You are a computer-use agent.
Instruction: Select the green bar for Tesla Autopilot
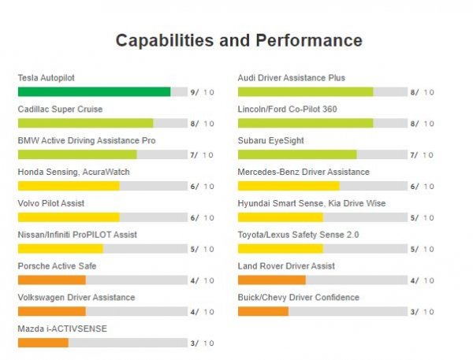(94, 92)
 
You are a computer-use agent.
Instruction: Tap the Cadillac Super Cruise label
(60, 109)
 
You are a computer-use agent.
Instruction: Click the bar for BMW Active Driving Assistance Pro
(77, 155)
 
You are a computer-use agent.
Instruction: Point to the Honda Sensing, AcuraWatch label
(74, 172)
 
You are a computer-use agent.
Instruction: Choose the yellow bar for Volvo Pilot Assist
(69, 217)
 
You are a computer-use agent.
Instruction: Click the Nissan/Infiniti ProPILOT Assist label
(77, 235)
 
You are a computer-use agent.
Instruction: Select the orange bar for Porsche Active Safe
(52, 280)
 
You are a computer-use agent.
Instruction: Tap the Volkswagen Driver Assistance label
(76, 297)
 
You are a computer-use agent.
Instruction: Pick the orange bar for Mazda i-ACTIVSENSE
(43, 343)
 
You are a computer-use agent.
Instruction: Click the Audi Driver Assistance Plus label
(292, 78)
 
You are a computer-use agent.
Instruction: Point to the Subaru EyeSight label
(271, 140)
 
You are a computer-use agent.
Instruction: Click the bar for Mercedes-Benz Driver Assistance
(289, 186)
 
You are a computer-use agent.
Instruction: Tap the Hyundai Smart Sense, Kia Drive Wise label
(312, 203)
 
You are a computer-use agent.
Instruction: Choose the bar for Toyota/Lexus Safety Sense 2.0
(280, 249)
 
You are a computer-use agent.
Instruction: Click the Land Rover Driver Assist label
(286, 266)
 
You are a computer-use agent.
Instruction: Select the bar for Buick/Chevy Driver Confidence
(263, 311)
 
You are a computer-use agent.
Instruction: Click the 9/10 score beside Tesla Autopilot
(203, 92)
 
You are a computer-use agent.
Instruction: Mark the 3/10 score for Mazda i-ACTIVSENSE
(203, 343)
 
